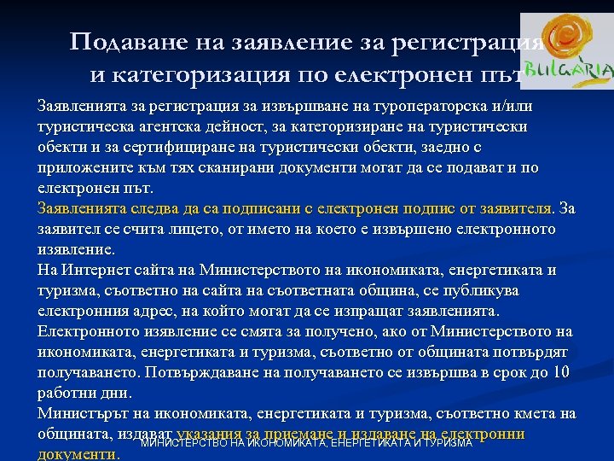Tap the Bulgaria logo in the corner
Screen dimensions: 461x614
coord(565,53)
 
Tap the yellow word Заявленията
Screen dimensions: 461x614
coord(86,207)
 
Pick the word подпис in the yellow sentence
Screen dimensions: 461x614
coord(386,207)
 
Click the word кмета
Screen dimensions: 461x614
coord(534,414)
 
